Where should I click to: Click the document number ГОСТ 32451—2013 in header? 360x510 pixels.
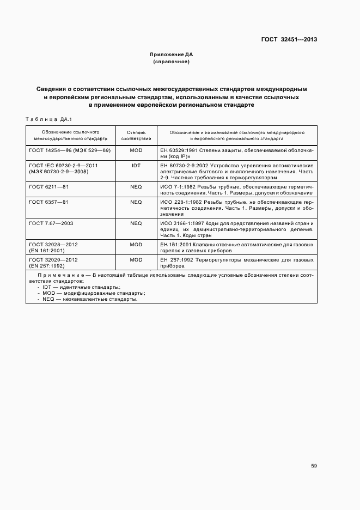[x=289, y=39]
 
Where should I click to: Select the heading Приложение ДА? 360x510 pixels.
[x=172, y=55]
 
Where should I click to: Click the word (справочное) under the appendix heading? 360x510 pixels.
[x=172, y=62]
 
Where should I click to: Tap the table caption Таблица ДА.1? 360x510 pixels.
[x=49, y=119]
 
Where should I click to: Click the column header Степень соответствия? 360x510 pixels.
[x=136, y=135]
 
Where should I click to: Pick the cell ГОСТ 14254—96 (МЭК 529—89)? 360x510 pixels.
[x=70, y=150]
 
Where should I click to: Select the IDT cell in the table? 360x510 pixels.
[x=136, y=165]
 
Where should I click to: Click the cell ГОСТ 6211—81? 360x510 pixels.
[x=48, y=186]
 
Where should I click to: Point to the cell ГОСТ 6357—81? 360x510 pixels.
[x=48, y=202]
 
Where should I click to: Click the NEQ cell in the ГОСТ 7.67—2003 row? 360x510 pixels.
[x=136, y=223]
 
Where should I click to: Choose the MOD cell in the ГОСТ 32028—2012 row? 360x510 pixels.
[x=136, y=245]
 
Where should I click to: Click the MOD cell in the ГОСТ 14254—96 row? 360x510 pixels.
[x=136, y=150]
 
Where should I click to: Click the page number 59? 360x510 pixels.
[x=314, y=466]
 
